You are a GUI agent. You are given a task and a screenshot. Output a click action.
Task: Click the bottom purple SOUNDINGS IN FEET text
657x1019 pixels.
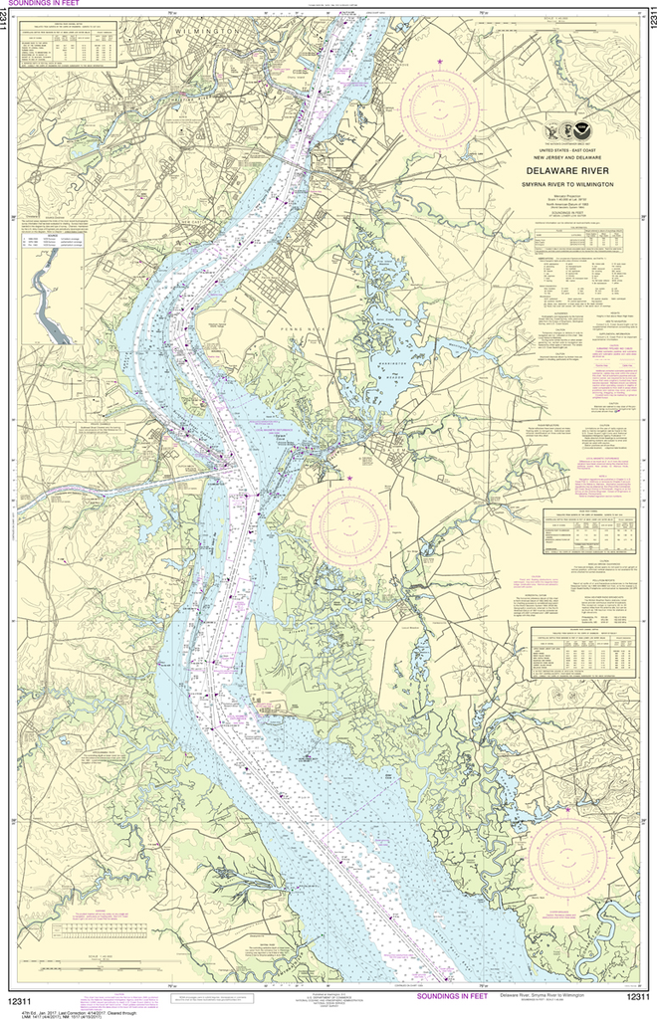coord(452,995)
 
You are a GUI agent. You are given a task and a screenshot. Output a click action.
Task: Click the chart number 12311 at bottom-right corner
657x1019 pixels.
coord(636,998)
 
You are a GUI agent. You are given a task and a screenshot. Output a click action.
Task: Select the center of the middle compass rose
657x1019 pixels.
coord(349,521)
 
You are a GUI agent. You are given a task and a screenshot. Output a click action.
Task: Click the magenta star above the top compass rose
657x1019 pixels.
coord(441,63)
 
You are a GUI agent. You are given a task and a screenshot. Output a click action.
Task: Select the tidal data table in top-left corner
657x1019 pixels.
coord(68,47)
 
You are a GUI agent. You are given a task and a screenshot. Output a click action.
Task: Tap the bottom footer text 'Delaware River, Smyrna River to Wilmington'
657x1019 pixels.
coord(557,995)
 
